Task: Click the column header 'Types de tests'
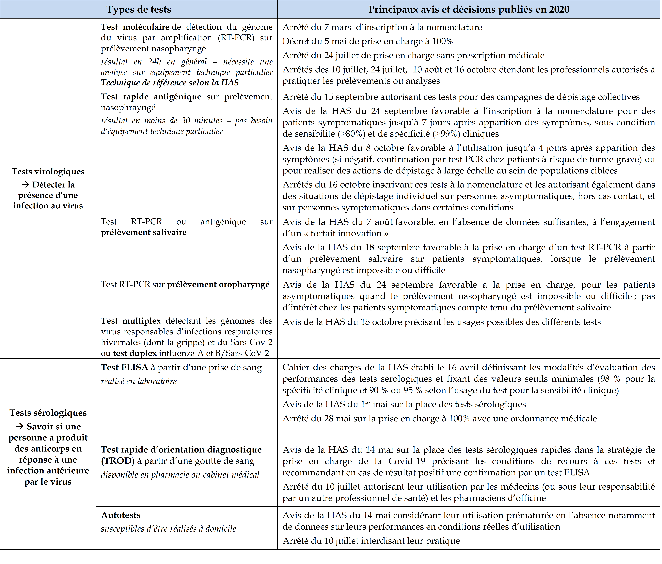tap(139, 9)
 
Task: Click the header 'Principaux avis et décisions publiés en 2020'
tap(469, 9)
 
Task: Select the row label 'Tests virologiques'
tap(48, 171)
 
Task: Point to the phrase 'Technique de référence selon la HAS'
tap(170, 83)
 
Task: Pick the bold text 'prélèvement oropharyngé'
tap(218, 285)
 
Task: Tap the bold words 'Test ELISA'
tap(125, 368)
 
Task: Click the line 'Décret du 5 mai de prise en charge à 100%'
tap(367, 41)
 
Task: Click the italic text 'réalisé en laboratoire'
tap(139, 381)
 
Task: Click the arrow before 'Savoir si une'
tap(20, 426)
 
